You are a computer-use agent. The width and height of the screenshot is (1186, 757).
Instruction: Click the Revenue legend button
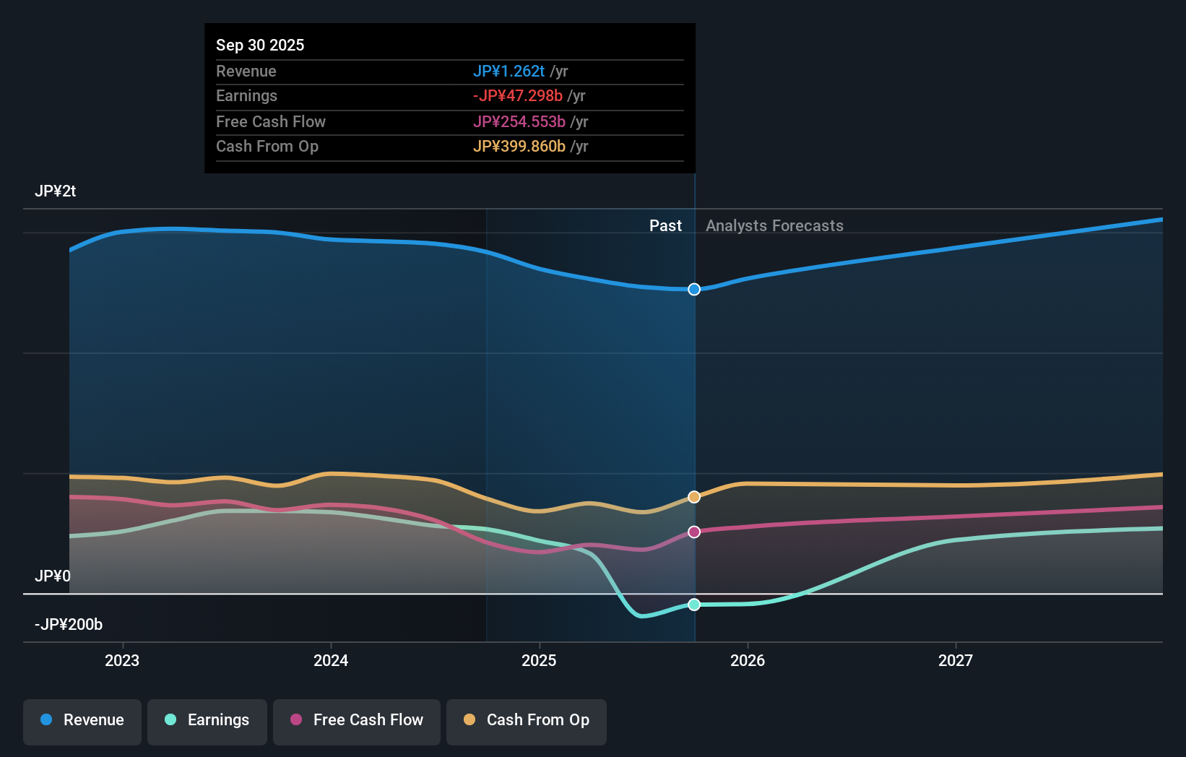coord(82,721)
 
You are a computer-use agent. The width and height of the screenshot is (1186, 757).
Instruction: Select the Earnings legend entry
coord(207,721)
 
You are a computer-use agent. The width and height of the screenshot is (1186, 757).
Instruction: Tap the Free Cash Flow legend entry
coord(357,721)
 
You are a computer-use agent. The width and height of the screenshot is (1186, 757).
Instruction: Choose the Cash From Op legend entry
coord(527,721)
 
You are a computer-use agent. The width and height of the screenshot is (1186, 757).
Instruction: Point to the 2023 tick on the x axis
coord(122,660)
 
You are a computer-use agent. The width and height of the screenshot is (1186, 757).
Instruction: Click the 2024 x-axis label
coord(331,660)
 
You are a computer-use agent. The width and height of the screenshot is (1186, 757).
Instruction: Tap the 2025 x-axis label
coord(539,660)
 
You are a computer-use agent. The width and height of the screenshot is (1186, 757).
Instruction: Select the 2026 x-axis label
coord(748,660)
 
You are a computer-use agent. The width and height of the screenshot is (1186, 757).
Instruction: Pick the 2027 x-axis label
coord(956,660)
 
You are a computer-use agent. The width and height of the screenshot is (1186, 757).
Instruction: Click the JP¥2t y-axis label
coord(56,191)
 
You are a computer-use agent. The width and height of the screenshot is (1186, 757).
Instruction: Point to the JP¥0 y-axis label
coord(53,576)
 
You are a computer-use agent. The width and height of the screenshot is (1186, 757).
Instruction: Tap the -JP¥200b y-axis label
coord(69,625)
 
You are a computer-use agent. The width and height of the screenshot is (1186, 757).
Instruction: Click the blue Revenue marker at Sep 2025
coord(694,290)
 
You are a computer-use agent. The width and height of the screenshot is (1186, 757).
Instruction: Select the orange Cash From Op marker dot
coord(694,497)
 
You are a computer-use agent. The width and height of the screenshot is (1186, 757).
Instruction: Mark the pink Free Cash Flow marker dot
coord(694,532)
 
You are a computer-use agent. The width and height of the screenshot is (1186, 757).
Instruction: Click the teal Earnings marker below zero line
coord(694,605)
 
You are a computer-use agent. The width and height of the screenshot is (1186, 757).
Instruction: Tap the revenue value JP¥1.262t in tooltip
coord(508,72)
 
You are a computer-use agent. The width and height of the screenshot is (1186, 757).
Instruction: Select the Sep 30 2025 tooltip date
coord(260,46)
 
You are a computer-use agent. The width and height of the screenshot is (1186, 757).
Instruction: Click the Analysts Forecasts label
coord(774,226)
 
